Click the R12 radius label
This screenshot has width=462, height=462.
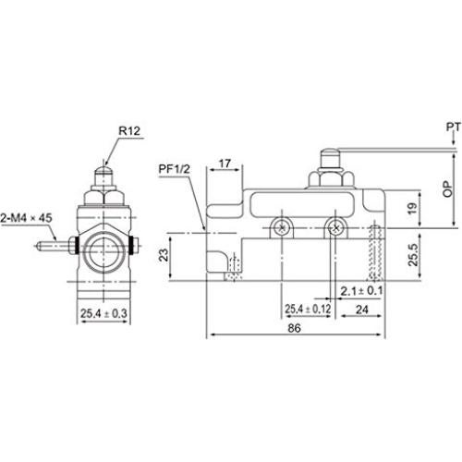pyautogui.click(x=128, y=130)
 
